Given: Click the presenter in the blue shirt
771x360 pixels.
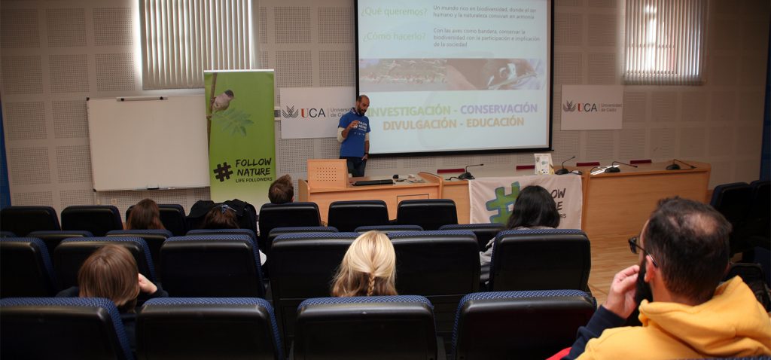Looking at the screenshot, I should click(354, 136).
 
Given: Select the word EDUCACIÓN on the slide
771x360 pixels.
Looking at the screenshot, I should click(495, 122).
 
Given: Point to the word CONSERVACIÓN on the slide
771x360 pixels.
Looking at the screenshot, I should click(499, 108).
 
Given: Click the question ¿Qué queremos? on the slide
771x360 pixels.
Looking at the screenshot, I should click(393, 11).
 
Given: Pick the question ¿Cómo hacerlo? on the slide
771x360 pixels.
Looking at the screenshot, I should click(392, 35).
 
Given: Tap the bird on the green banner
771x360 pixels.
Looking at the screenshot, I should click(223, 99).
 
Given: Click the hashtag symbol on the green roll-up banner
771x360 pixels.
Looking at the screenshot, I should click(222, 172).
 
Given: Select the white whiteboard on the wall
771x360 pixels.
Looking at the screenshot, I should click(148, 143).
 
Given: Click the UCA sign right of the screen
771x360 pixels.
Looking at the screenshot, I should click(591, 107).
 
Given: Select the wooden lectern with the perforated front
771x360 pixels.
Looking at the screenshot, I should click(327, 174).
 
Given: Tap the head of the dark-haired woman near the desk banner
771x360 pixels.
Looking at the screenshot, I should click(533, 206).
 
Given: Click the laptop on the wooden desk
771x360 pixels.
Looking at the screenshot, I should click(373, 182).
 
